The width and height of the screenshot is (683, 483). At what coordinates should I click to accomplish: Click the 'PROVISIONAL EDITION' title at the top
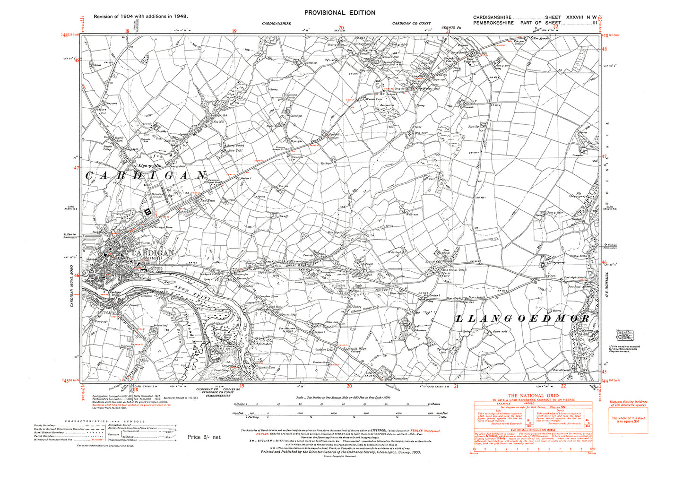coord(340,13)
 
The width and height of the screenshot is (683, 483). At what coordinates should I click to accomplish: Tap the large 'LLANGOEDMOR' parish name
coord(522,319)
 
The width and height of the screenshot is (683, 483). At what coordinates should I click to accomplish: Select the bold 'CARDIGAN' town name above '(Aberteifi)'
coord(153,253)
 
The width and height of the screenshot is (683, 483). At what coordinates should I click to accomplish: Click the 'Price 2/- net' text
coord(204,437)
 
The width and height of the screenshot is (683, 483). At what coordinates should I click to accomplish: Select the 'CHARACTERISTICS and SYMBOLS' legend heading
coord(105,421)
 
